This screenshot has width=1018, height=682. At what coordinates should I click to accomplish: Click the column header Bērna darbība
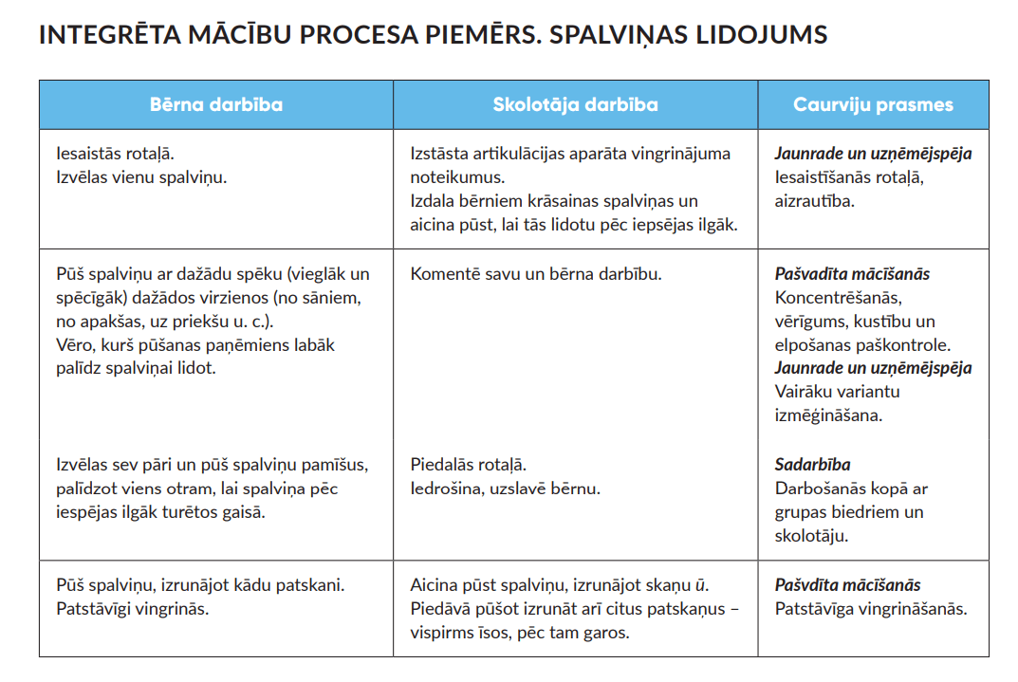tap(216, 105)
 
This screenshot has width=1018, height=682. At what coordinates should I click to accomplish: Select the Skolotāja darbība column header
tap(575, 105)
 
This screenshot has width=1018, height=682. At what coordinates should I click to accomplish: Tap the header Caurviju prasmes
tap(873, 105)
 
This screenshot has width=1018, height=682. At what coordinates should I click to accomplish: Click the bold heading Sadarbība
tap(812, 465)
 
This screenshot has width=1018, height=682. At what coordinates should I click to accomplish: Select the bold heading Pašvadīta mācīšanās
tap(852, 274)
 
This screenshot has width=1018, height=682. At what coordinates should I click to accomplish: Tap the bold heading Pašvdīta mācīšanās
tap(847, 585)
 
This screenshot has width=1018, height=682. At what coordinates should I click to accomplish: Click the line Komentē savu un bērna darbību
tap(536, 274)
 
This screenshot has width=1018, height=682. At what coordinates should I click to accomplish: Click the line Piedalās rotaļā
tap(468, 465)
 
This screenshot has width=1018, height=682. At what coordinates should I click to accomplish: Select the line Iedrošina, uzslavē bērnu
tap(505, 488)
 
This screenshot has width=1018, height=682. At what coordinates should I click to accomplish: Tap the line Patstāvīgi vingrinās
tap(132, 609)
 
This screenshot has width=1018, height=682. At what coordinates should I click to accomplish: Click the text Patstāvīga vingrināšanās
tap(870, 609)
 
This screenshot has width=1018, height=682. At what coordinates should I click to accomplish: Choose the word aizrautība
tap(814, 200)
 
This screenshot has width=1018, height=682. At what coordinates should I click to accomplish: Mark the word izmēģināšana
tap(826, 415)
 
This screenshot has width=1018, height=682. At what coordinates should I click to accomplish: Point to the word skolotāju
tap(811, 535)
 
